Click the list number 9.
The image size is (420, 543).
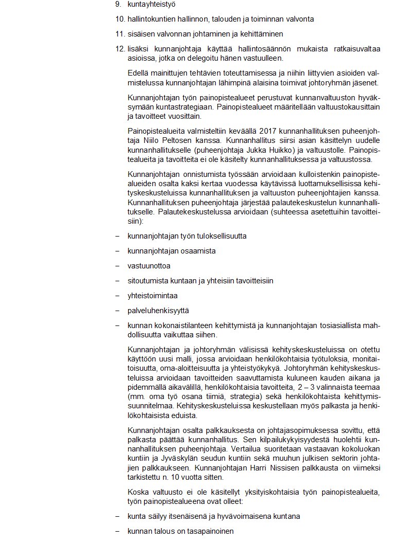tap(118, 5)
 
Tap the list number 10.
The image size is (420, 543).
tap(119, 19)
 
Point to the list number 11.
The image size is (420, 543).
tap(119, 34)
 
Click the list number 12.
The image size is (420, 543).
tap(119, 49)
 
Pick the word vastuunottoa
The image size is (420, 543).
tap(149, 266)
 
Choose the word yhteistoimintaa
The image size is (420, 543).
tap(153, 296)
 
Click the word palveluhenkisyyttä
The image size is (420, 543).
tap(159, 311)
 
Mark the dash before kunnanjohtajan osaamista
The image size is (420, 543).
tap(117, 251)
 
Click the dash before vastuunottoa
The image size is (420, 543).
tap(117, 266)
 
